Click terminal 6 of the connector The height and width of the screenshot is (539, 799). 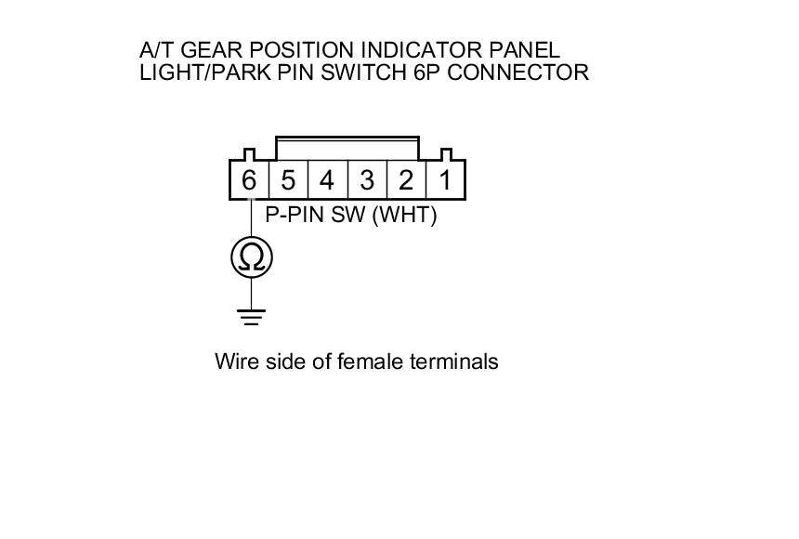point(248,180)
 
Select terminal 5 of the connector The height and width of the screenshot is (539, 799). point(288,180)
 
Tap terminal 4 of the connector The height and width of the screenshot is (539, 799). point(327,180)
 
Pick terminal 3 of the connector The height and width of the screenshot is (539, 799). point(367,180)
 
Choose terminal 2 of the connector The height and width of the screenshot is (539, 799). point(406,180)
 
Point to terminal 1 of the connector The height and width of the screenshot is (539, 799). point(445,180)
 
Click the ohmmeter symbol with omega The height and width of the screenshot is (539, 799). point(252,256)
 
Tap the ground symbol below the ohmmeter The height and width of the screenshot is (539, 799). point(252,317)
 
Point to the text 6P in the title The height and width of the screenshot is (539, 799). point(428,72)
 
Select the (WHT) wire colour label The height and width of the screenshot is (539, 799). point(403,216)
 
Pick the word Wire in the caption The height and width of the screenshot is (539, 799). point(234,361)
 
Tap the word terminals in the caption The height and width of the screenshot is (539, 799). point(453,361)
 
